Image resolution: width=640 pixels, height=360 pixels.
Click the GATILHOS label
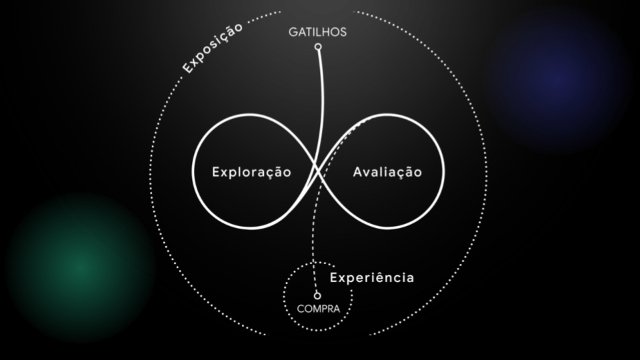click(x=317, y=32)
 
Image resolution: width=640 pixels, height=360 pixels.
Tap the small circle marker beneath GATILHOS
click(x=318, y=47)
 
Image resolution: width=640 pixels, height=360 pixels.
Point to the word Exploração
click(x=251, y=172)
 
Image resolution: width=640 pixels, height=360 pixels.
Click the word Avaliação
click(x=387, y=172)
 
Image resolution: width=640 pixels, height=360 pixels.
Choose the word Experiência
click(x=372, y=277)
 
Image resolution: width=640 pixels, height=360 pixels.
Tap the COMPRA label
click(x=318, y=309)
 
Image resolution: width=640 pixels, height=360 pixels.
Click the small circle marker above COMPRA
click(x=317, y=295)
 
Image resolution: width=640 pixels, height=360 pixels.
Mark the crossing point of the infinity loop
click(x=318, y=171)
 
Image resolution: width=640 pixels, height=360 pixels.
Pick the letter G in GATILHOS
click(x=293, y=32)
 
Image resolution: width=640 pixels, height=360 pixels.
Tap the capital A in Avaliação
click(x=357, y=172)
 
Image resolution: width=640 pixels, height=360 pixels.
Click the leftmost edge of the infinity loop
click(x=193, y=171)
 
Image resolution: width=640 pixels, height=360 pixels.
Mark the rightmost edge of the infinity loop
click(x=443, y=171)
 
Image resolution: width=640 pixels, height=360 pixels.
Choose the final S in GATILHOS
click(x=343, y=32)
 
